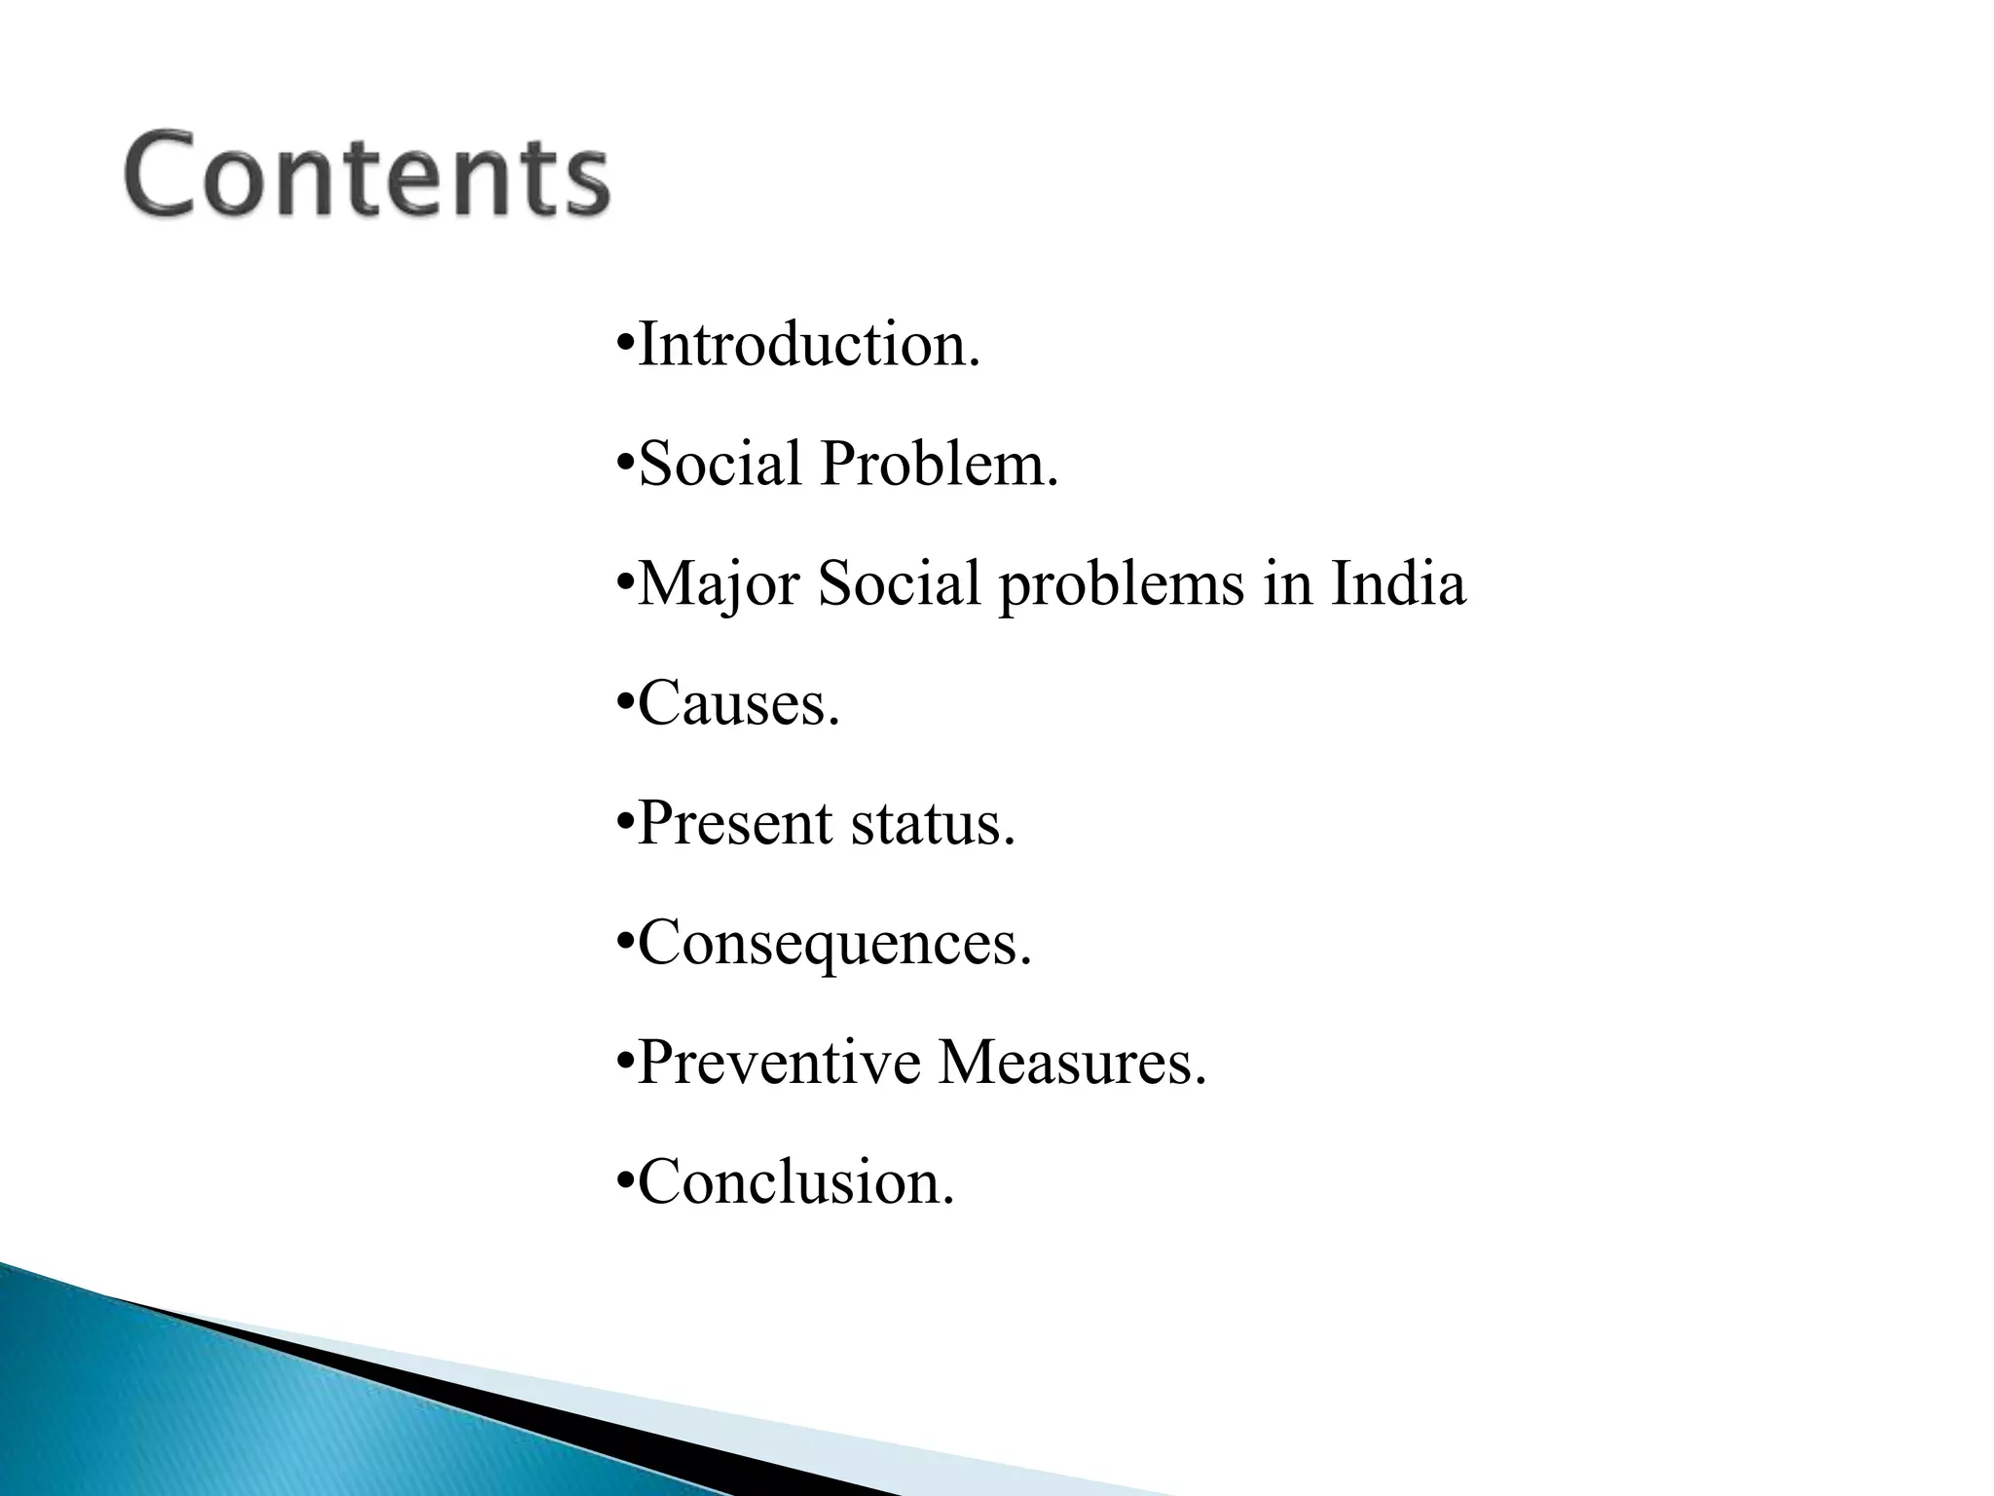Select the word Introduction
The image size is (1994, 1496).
pos(807,345)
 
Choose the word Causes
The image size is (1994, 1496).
pos(737,703)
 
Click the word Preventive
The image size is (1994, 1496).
pos(778,1063)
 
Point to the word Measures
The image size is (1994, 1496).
pos(1071,1063)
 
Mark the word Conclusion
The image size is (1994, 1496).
pos(794,1182)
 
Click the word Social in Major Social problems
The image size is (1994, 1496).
pos(899,584)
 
